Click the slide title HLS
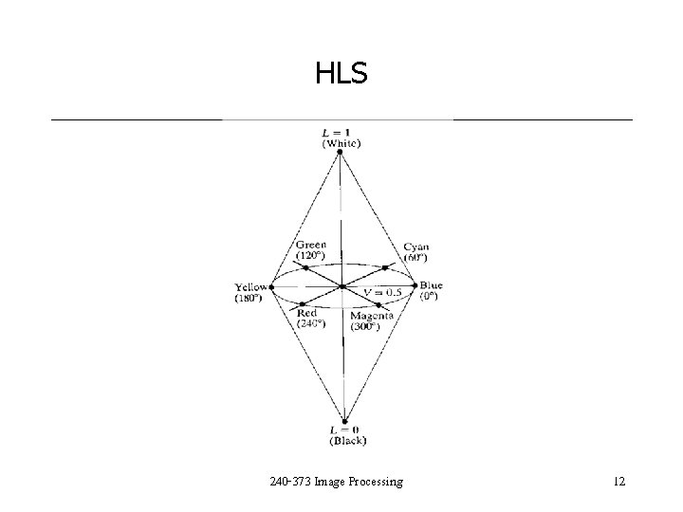point(341,72)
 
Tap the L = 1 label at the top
point(341,133)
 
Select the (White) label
point(341,143)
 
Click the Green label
point(311,245)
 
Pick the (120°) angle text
point(311,255)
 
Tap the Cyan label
point(415,247)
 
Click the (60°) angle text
point(415,257)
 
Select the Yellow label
point(251,286)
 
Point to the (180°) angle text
point(250,298)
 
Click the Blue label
point(431,285)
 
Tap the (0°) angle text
point(430,296)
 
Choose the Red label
point(306,313)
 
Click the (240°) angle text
point(310,323)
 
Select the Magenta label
point(372,316)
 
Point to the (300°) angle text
point(364,326)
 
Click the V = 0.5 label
point(383,291)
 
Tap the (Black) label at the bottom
point(347,440)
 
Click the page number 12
point(619,482)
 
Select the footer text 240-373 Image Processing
point(337,482)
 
